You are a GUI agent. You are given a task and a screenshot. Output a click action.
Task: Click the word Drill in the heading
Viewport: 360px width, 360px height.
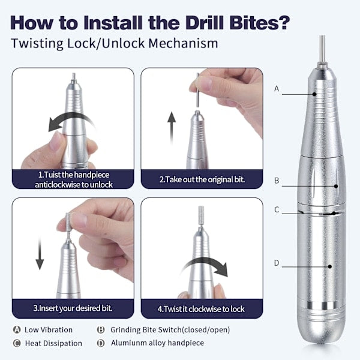pyautogui.click(x=205, y=23)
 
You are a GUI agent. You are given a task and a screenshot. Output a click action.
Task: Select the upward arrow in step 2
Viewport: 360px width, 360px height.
pyautogui.click(x=172, y=128)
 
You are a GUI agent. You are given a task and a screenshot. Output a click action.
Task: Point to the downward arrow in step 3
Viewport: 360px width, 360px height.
pyautogui.click(x=40, y=253)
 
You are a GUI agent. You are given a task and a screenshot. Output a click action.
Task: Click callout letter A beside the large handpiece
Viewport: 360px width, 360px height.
pyautogui.click(x=277, y=88)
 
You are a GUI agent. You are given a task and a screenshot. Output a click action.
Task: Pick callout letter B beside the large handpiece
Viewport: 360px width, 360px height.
pyautogui.click(x=277, y=181)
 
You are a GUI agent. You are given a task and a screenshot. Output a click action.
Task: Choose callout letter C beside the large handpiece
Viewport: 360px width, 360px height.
pyautogui.click(x=277, y=209)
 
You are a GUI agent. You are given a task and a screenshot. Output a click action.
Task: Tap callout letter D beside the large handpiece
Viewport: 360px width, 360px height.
pyautogui.click(x=277, y=263)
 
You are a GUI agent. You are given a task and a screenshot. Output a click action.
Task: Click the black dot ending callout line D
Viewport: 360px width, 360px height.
pyautogui.click(x=330, y=266)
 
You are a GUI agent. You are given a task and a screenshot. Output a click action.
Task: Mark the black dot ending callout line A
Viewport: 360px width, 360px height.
pyautogui.click(x=314, y=94)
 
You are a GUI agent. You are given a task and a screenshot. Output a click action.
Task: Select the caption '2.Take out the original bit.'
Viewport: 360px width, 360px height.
pyautogui.click(x=202, y=179)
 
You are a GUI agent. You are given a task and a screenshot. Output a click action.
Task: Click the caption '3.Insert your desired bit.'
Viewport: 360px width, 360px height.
pyautogui.click(x=73, y=308)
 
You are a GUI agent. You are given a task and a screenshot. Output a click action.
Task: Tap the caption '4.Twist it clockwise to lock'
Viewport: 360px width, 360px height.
pyautogui.click(x=201, y=309)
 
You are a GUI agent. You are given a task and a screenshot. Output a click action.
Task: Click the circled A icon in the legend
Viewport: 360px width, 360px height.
pyautogui.click(x=17, y=329)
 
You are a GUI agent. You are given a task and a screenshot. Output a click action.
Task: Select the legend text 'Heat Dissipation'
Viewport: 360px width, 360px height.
pyautogui.click(x=53, y=343)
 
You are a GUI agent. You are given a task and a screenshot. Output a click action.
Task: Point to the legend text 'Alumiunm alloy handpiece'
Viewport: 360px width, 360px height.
pyautogui.click(x=157, y=343)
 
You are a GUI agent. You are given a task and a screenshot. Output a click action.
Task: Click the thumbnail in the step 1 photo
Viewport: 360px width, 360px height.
pyautogui.click(x=55, y=141)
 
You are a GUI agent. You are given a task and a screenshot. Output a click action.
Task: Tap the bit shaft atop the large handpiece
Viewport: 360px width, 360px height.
pyautogui.click(x=322, y=49)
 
